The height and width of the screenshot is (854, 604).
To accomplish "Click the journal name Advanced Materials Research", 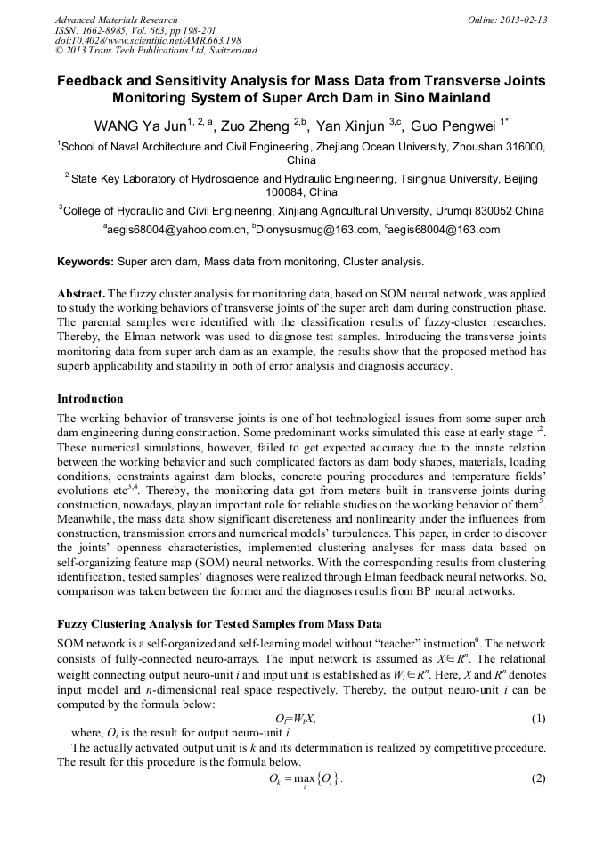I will pyautogui.click(x=117, y=20).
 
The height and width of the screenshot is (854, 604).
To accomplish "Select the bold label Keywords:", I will pyautogui.click(x=86, y=263).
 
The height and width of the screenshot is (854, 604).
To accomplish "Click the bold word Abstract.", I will pyautogui.click(x=80, y=293).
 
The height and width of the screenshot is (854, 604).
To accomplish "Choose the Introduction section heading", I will pyautogui.click(x=90, y=398).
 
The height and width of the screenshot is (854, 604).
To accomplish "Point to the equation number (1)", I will pyautogui.click(x=538, y=718).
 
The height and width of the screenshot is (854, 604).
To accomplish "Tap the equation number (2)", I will pyautogui.click(x=538, y=777).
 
